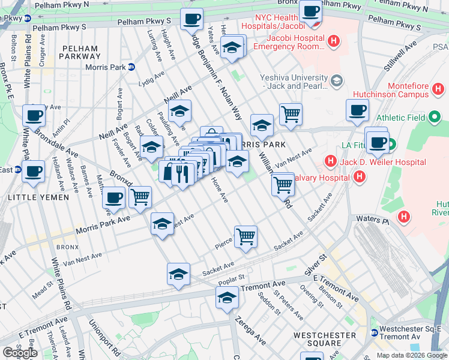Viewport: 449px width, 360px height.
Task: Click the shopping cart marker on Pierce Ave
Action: [246, 237]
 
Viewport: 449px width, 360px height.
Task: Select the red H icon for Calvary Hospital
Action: [359, 176]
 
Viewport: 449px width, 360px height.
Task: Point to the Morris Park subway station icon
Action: [131, 67]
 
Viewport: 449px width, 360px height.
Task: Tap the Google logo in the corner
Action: [20, 352]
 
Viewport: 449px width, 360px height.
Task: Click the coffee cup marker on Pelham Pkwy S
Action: [191, 19]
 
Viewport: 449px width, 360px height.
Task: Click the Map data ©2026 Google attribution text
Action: [411, 355]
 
